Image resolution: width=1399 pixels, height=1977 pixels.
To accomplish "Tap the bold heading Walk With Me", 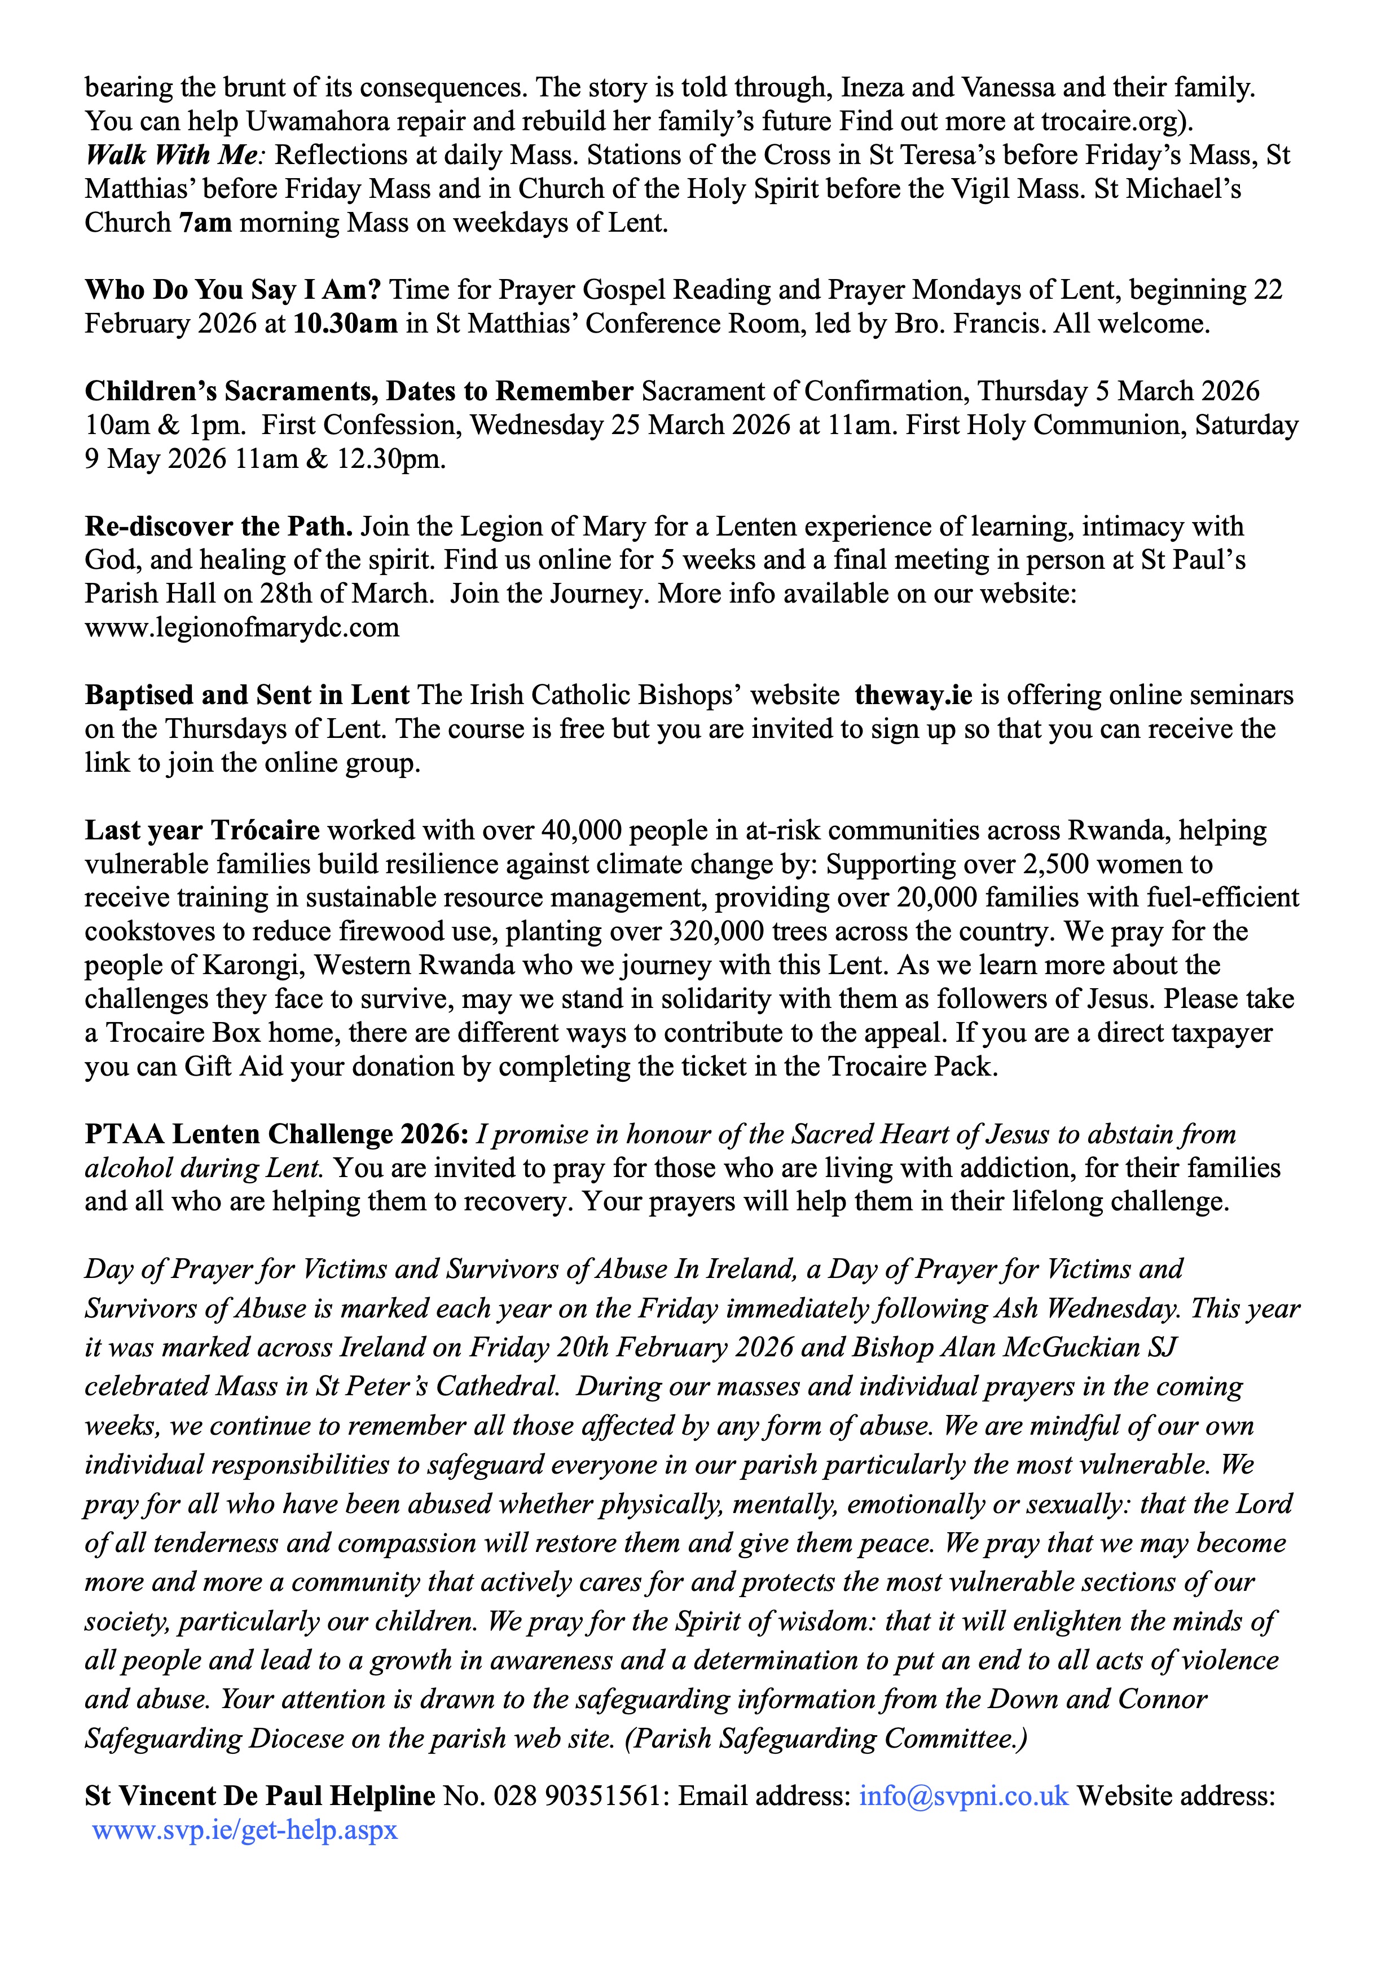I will [x=171, y=155].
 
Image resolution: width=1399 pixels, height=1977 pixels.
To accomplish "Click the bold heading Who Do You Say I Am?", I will [x=232, y=290].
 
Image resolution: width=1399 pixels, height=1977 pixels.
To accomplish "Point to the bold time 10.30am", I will [x=345, y=324].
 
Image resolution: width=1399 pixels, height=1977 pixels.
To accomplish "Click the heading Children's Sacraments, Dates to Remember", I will [x=358, y=392].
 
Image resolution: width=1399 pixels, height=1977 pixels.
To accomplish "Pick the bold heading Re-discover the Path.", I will [x=219, y=526].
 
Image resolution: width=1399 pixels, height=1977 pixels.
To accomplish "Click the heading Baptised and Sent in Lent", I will [x=247, y=695].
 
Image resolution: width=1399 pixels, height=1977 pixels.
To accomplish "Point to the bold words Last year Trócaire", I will [x=201, y=830].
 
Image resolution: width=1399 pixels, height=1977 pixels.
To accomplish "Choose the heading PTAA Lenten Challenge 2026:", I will [x=276, y=1134].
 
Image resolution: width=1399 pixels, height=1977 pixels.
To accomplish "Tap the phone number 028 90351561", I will [x=575, y=1795].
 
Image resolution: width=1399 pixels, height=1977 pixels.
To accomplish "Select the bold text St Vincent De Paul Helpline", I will [x=259, y=1795].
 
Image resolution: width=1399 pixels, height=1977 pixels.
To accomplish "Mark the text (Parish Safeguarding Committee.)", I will [x=826, y=1739].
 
